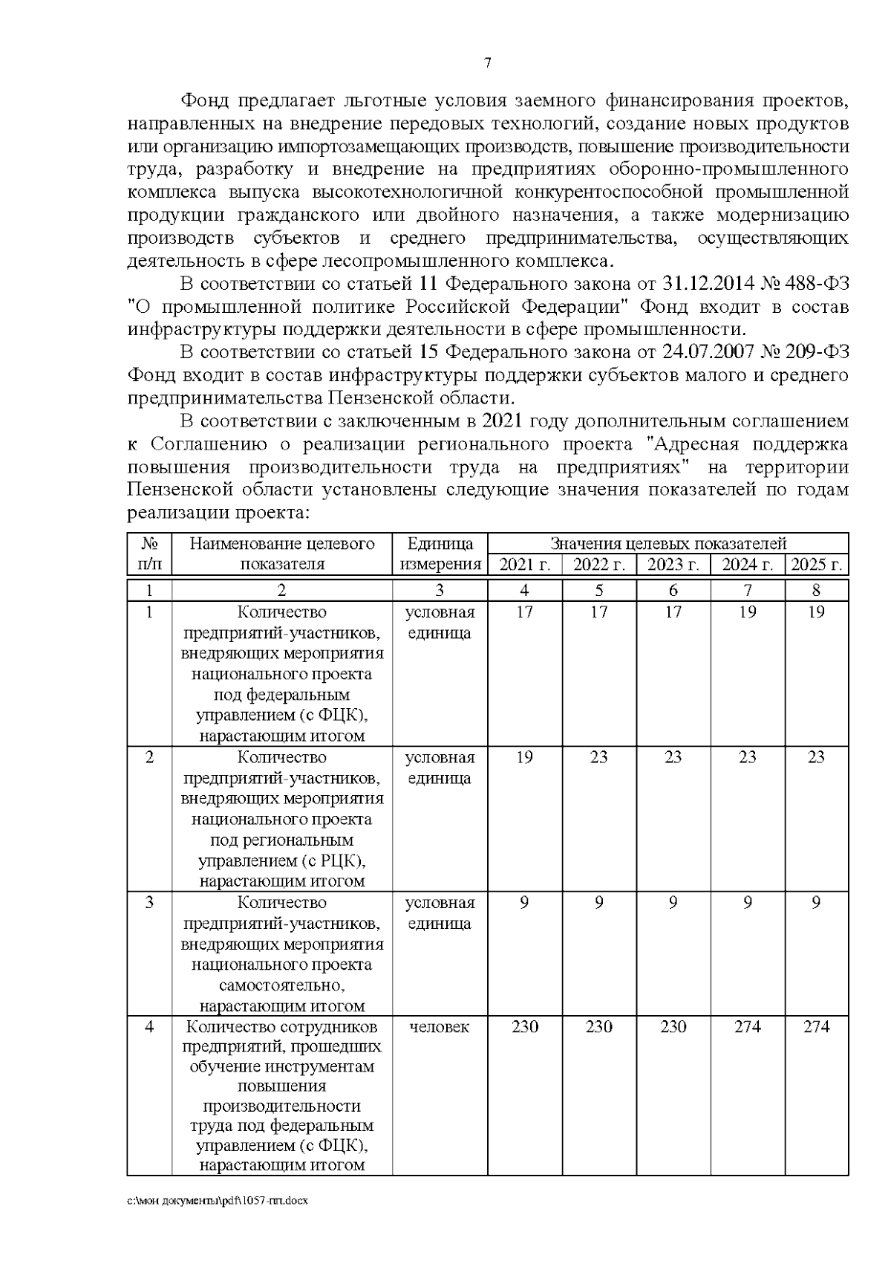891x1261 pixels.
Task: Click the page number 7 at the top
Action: click(487, 64)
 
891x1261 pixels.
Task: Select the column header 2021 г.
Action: click(524, 564)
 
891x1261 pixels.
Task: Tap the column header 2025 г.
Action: click(816, 564)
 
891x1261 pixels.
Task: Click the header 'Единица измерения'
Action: click(440, 554)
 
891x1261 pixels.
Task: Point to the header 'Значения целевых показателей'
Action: click(668, 543)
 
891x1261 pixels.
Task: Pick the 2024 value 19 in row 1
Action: click(747, 612)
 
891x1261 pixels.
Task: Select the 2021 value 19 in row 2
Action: click(524, 757)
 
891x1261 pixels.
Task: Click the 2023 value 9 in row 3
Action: click(673, 902)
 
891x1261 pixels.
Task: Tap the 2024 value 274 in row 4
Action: click(747, 1026)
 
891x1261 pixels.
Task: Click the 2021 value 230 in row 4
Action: click(524, 1026)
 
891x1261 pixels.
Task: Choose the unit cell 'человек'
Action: click(440, 1026)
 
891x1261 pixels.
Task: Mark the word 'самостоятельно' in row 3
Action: click(281, 985)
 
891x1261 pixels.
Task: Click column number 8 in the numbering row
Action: click(816, 590)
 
